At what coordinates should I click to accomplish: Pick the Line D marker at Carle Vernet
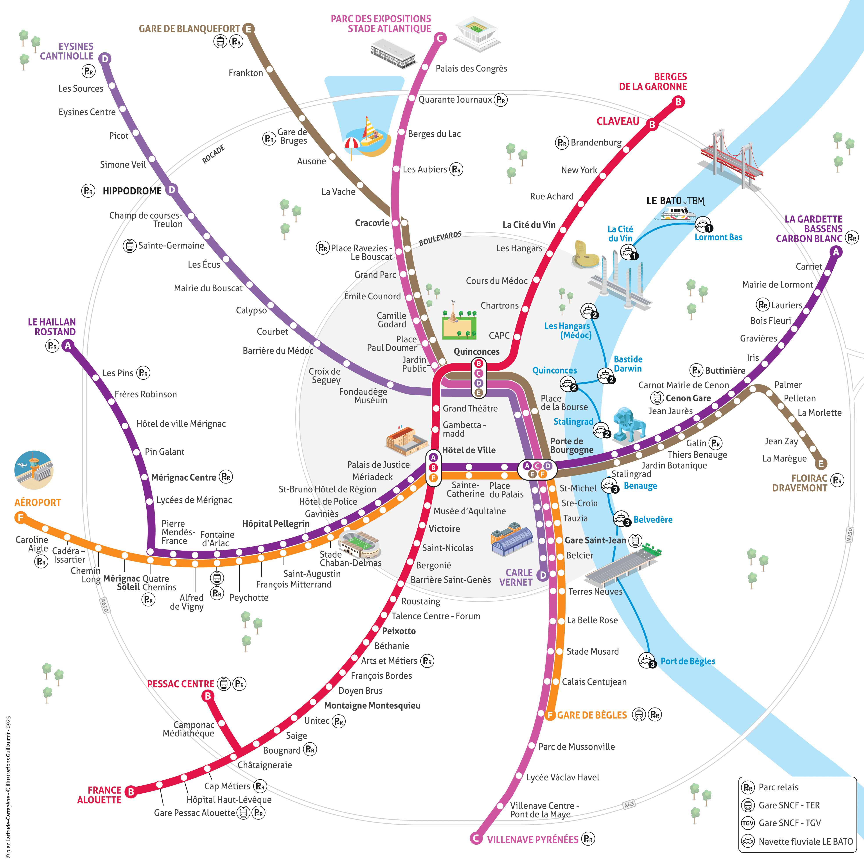543,575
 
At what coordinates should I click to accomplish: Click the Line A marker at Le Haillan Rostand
68,345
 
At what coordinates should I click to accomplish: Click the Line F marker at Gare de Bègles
550,715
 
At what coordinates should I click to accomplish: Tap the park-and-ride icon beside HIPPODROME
88,191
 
